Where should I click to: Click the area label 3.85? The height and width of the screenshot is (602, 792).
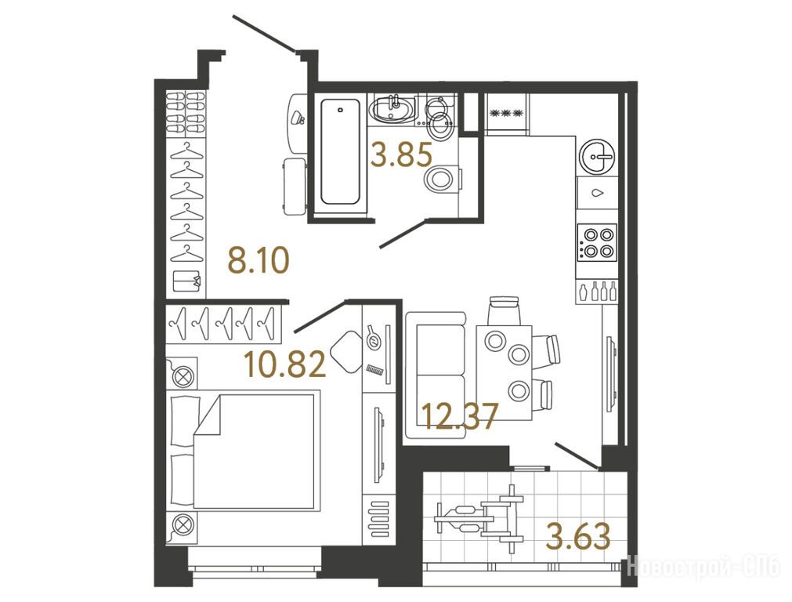pyautogui.click(x=401, y=155)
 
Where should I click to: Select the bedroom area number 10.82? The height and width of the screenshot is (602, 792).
pyautogui.click(x=285, y=364)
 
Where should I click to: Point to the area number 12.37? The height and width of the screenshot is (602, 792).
pyautogui.click(x=460, y=416)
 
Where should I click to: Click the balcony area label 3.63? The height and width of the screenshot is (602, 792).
pyautogui.click(x=578, y=536)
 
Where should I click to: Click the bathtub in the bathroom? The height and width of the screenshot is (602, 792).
pyautogui.click(x=341, y=151)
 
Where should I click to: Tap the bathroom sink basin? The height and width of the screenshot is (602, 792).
pyautogui.click(x=392, y=109)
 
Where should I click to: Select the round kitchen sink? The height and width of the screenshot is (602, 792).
pyautogui.click(x=597, y=157)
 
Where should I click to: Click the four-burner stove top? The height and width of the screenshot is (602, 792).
pyautogui.click(x=598, y=242)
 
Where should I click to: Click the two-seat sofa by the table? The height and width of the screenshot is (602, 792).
pyautogui.click(x=436, y=375)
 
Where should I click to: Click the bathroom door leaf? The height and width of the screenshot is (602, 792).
pyautogui.click(x=403, y=233)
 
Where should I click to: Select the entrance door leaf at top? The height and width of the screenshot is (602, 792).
pyautogui.click(x=264, y=34)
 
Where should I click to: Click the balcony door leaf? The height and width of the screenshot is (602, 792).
pyautogui.click(x=577, y=455)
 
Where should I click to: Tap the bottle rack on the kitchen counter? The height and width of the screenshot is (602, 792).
pyautogui.click(x=598, y=292)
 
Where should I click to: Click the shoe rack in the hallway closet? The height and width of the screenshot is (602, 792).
pyautogui.click(x=186, y=113)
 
